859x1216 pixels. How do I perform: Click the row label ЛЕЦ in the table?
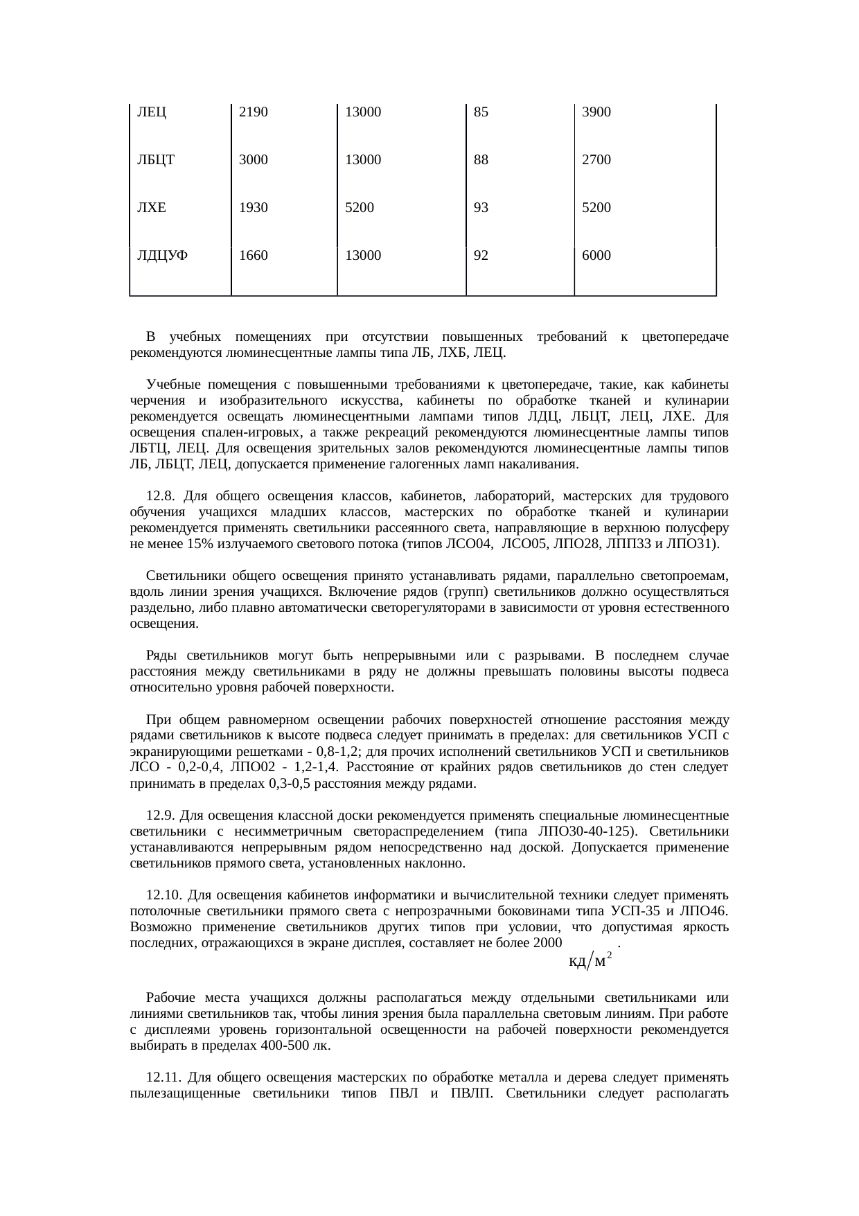152,112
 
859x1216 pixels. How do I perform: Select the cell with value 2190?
253,112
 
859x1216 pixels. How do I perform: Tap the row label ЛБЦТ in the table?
155,160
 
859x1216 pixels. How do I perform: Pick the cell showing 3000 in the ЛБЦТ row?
253,160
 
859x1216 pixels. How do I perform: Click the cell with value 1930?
253,207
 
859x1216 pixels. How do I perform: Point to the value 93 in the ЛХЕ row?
481,207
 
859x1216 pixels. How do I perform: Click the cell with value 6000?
596,255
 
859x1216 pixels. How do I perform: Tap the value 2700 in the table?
596,160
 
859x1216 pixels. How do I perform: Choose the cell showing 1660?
253,255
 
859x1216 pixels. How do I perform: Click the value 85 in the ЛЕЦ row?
481,112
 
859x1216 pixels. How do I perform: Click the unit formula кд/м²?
590,961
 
